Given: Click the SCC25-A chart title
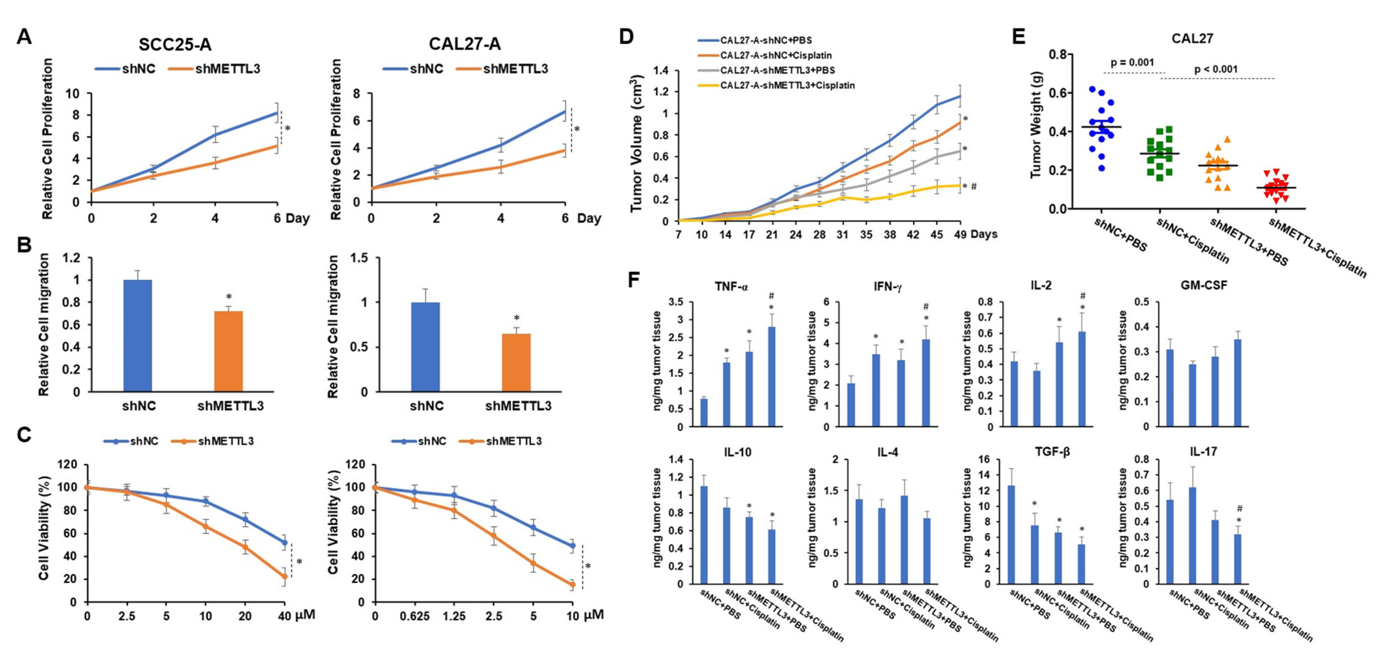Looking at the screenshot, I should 174,44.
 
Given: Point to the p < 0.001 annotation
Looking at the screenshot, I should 1215,69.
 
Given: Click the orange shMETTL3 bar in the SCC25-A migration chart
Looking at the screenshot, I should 228,351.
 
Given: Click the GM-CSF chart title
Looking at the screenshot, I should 1204,286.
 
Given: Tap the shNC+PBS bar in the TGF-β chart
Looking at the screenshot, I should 1011,535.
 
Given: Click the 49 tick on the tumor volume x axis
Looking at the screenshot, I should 960,235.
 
